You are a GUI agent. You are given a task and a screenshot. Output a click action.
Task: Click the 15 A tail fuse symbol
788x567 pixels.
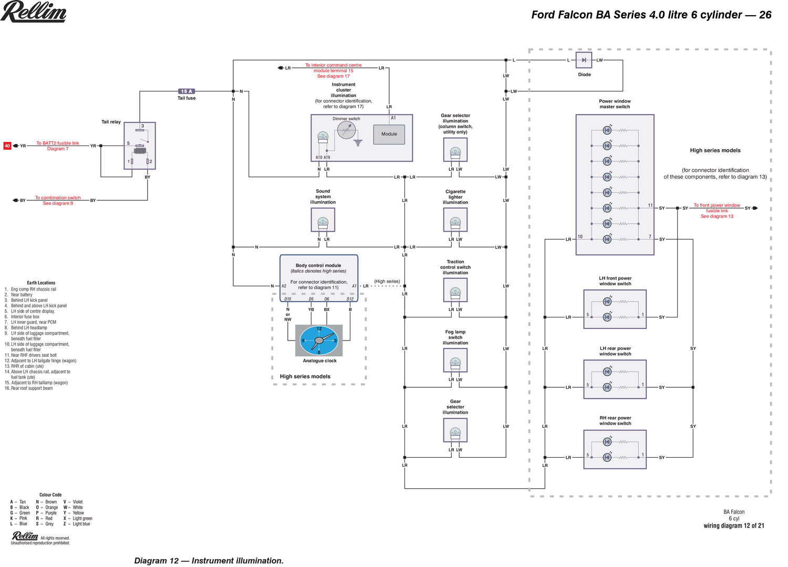pos(186,91)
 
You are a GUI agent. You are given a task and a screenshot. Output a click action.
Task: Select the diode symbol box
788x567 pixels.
pos(584,60)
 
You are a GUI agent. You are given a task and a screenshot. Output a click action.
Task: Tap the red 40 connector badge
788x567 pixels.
pos(7,146)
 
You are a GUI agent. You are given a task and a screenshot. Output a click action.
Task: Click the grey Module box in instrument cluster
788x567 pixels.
pos(389,134)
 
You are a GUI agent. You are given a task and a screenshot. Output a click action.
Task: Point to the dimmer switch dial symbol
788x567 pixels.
pos(346,130)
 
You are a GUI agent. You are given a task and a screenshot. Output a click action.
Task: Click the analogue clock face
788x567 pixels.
pos(319,341)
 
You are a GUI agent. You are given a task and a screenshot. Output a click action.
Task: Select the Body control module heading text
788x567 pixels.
pos(318,265)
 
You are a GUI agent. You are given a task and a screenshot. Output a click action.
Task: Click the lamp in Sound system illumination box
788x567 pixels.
pos(323,223)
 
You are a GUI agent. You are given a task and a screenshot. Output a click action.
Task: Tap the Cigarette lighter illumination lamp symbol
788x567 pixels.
pos(455,223)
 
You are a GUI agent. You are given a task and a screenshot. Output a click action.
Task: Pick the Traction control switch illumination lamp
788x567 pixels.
pos(455,293)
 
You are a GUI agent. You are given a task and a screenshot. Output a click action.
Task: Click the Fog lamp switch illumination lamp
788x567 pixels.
pos(455,363)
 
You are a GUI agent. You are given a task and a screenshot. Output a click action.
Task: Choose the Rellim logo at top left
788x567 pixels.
pos(34,12)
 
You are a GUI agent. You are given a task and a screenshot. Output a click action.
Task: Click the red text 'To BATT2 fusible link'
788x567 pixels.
pos(58,143)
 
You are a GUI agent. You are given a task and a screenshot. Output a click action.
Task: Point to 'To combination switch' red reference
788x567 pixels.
pos(58,198)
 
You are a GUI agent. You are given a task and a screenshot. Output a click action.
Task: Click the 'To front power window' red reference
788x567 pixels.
pos(717,205)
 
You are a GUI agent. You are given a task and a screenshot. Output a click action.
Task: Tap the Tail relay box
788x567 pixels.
pos(140,146)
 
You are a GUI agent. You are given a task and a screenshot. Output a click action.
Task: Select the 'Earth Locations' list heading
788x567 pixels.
pos(41,283)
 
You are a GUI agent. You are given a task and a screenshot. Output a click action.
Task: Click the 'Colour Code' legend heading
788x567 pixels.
pos(50,495)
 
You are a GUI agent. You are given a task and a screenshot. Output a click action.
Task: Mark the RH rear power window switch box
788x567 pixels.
pos(615,449)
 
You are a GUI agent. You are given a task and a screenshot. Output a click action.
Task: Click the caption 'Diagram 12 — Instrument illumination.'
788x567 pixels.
pos(209,561)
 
